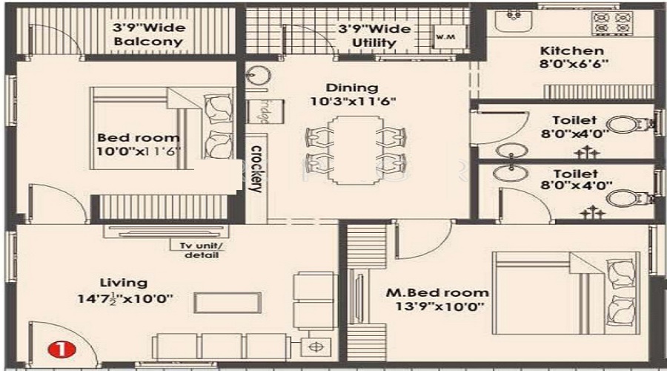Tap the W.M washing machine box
click(x=445, y=36)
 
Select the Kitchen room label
click(x=571, y=50)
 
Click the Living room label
click(x=123, y=283)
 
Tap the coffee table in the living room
click(x=228, y=303)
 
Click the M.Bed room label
click(x=437, y=292)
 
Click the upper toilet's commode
click(x=625, y=124)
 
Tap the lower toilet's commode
click(x=625, y=197)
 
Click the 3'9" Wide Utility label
click(x=374, y=35)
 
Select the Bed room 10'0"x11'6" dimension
click(x=139, y=151)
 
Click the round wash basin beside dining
click(x=256, y=74)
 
